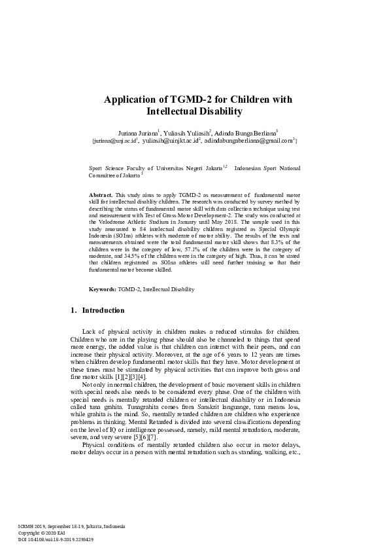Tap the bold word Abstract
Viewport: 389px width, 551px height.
point(101,195)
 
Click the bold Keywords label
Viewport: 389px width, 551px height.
point(103,289)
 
